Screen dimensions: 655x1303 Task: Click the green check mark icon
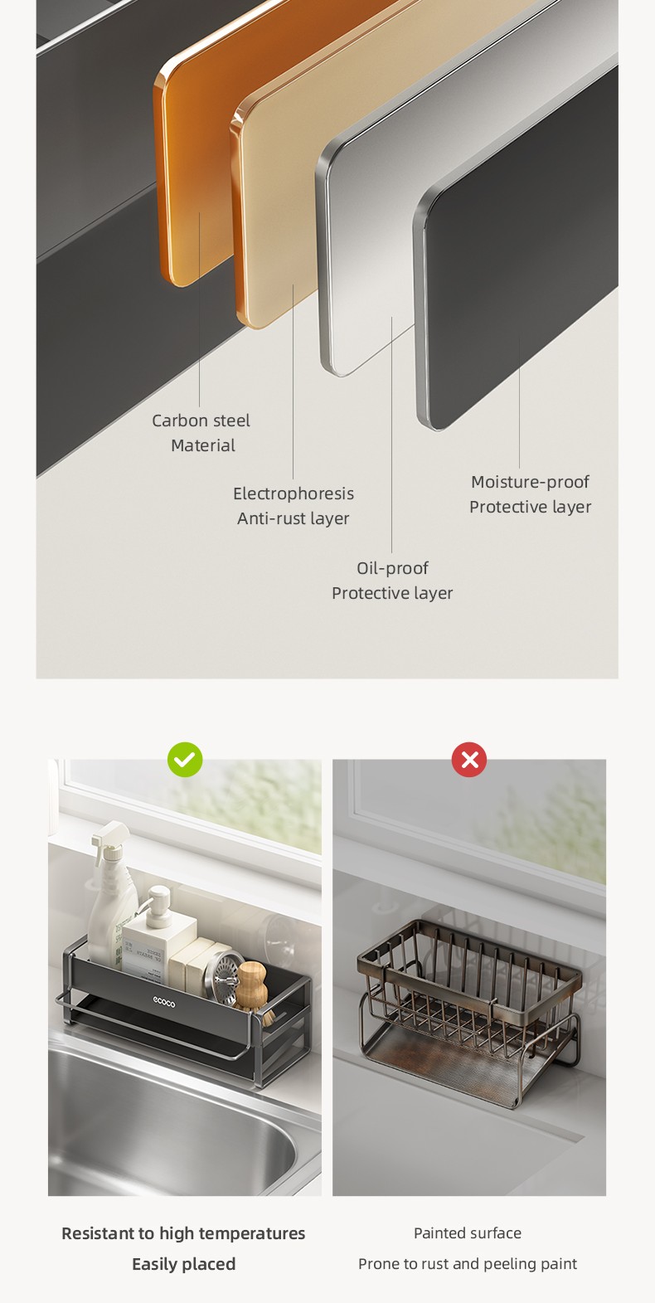(185, 760)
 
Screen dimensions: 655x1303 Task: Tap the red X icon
(469, 760)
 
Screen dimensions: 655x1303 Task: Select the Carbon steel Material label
(201, 433)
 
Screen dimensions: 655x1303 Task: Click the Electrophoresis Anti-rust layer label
(294, 505)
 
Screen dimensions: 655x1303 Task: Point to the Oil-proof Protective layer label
(392, 581)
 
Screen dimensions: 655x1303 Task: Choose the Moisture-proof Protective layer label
(530, 494)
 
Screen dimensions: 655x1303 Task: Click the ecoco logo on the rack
(164, 1001)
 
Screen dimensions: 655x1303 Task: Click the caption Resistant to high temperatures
(183, 1233)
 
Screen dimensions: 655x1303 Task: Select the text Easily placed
(184, 1264)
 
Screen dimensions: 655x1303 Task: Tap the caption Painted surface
(468, 1233)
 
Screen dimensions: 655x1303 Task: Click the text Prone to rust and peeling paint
(468, 1263)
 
